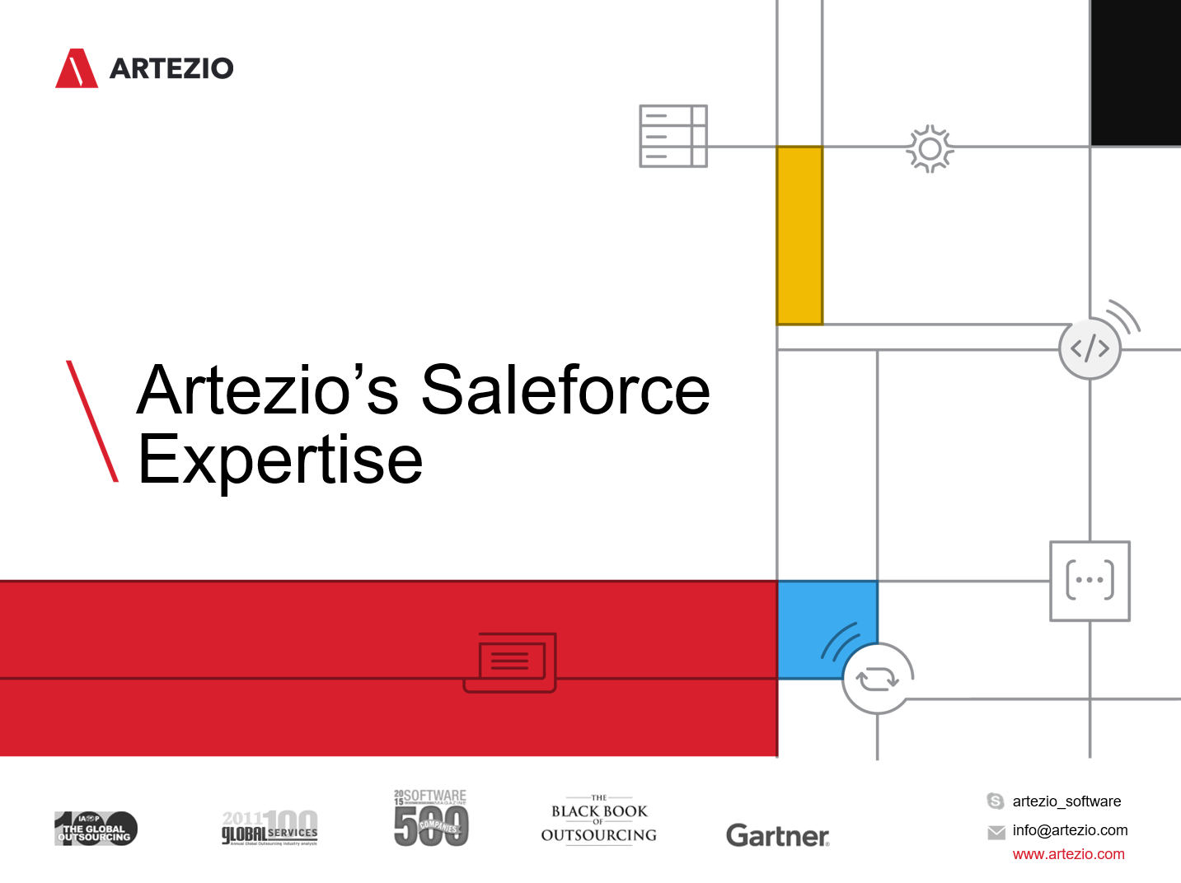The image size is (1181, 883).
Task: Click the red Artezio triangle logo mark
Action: click(x=77, y=69)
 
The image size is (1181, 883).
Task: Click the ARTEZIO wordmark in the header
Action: click(x=171, y=68)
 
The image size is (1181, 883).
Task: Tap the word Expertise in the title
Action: click(x=280, y=460)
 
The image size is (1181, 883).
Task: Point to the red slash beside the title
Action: click(x=92, y=420)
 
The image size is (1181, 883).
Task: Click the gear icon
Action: click(x=930, y=149)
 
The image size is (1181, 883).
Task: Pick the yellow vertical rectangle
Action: click(x=799, y=236)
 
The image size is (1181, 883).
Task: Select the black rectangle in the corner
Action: click(x=1136, y=72)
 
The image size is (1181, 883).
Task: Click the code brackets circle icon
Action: click(x=1090, y=348)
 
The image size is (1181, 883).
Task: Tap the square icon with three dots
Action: click(x=1090, y=581)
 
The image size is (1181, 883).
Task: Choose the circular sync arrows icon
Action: click(x=877, y=679)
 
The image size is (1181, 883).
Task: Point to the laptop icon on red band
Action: click(x=510, y=662)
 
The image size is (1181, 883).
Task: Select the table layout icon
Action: click(x=673, y=136)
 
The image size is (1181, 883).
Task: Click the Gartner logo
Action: click(x=777, y=835)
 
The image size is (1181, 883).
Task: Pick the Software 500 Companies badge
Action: click(x=431, y=819)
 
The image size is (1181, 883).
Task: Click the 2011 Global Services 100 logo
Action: click(x=269, y=828)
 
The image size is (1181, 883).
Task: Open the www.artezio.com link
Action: click(x=1068, y=854)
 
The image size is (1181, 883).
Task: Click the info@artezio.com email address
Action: click(x=1070, y=830)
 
